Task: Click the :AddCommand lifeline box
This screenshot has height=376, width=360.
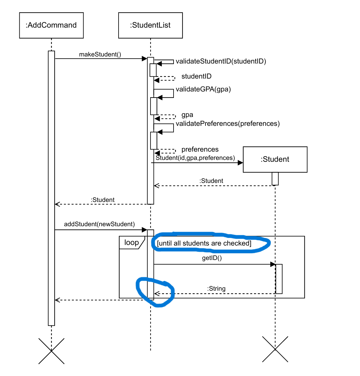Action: [51, 25]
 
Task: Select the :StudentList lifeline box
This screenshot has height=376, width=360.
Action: [151, 25]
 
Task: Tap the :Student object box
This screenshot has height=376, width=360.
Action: [275, 159]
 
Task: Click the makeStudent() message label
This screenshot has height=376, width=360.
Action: [100, 54]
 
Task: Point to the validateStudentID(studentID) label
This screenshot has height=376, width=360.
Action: [221, 61]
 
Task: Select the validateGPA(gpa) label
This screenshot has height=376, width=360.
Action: [203, 89]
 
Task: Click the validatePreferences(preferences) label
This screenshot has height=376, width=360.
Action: [228, 124]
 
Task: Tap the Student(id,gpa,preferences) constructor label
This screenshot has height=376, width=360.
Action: [195, 158]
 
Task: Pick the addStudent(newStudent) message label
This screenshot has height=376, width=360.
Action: [99, 224]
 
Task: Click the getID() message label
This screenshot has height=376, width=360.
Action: [212, 258]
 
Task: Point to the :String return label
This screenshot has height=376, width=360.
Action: [216, 289]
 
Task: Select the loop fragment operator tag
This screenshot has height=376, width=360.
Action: [131, 242]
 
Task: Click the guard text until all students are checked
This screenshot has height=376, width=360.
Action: [204, 243]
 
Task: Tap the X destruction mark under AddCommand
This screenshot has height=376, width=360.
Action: [51, 351]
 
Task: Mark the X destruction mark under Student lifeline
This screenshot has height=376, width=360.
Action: [275, 349]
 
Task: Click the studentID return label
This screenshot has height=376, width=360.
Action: [196, 76]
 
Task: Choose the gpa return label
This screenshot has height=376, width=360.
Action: [187, 115]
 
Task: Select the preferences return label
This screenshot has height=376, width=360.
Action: [200, 149]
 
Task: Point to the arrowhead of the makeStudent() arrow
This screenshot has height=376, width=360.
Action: [144, 59]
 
